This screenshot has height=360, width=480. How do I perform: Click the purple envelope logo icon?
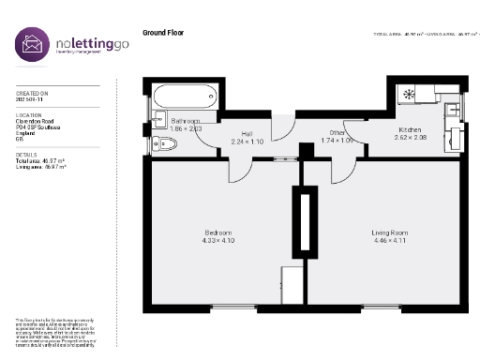pyautogui.click(x=32, y=45)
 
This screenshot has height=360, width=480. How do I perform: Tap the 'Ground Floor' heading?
pyautogui.click(x=163, y=33)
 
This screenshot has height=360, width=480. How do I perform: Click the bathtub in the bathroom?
pyautogui.click(x=185, y=97)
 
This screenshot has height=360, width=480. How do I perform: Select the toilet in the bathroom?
pyautogui.click(x=166, y=143)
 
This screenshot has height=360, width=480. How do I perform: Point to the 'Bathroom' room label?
pyautogui.click(x=186, y=122)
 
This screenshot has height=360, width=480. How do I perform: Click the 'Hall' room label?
pyautogui.click(x=247, y=133)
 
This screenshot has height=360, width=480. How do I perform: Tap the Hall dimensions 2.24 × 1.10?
pyautogui.click(x=247, y=141)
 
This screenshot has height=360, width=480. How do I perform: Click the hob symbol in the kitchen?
pyautogui.click(x=409, y=94)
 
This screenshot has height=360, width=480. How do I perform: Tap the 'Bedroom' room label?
pyautogui.click(x=218, y=232)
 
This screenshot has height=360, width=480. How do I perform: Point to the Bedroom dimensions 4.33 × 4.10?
pyautogui.click(x=218, y=240)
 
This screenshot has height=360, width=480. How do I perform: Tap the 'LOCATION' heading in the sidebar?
pyautogui.click(x=28, y=113)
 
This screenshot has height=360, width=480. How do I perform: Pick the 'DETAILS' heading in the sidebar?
pyautogui.click(x=26, y=155)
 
